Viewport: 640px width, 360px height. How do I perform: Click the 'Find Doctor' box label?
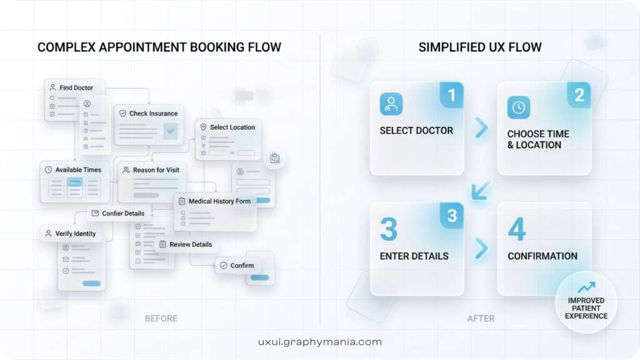point(76,87)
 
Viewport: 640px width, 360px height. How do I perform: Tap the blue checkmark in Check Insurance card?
point(170,131)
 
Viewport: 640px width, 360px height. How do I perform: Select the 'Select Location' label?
point(232,127)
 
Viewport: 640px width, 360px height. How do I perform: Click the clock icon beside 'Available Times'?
point(49,169)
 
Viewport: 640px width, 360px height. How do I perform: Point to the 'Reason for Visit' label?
point(156,169)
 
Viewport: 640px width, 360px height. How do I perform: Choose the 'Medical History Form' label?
point(219,201)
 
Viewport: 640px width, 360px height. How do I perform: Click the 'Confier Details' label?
point(122,213)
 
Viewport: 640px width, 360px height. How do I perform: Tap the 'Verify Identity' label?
point(75,234)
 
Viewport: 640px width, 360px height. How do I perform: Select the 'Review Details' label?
point(190,244)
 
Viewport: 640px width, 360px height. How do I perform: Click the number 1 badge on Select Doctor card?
point(451,95)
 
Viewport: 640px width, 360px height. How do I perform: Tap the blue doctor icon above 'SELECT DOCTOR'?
point(391,104)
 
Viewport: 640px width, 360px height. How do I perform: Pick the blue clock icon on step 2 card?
point(519,107)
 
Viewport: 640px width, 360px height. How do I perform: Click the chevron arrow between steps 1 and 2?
point(481,128)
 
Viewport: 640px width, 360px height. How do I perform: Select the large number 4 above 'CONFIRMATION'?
point(516,229)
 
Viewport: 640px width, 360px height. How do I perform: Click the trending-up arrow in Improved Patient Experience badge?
point(586,287)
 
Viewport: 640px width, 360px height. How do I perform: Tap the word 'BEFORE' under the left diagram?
point(161,319)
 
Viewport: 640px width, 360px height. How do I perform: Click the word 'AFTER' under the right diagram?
point(481,319)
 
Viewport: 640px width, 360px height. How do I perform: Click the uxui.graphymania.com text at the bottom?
point(319,342)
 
